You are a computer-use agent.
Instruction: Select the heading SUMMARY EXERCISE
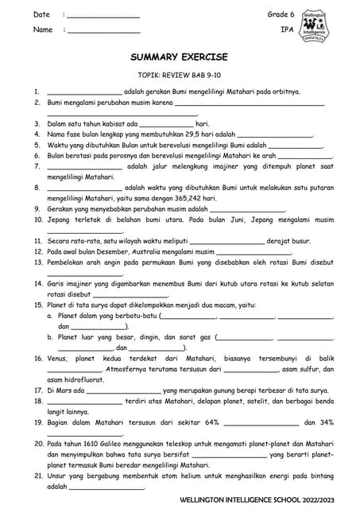point(179,57)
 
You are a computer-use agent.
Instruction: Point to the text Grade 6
point(281,14)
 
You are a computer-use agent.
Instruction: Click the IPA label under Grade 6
point(287,29)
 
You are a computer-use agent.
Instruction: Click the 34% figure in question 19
point(326,422)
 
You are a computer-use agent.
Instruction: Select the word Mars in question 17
point(66,390)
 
